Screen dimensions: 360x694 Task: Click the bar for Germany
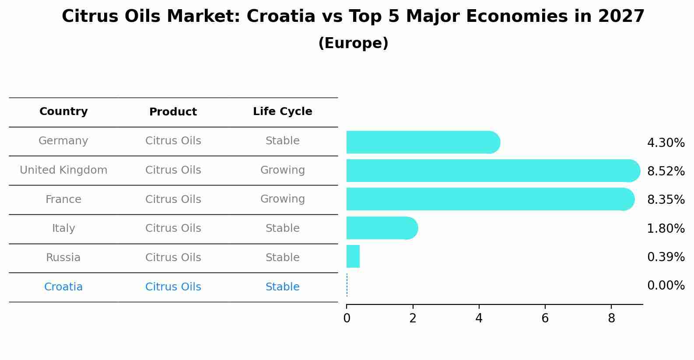coord(422,142)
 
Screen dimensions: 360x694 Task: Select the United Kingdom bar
coord(492,171)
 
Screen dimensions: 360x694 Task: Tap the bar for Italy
coord(382,228)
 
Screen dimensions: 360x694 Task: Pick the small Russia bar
coord(353,256)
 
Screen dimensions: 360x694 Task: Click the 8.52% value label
coord(666,171)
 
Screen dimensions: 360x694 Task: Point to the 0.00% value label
coord(666,286)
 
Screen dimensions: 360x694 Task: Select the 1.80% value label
coord(666,228)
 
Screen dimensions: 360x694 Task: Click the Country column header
coord(63,112)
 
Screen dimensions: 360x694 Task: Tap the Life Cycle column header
coord(282,112)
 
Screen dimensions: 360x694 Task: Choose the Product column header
coord(173,112)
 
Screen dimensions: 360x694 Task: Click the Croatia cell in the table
coord(63,287)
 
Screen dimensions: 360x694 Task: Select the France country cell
coord(63,199)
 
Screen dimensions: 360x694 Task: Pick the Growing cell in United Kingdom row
coord(282,170)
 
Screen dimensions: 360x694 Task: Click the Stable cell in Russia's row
coord(282,258)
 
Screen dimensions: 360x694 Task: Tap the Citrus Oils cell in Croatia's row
coord(173,287)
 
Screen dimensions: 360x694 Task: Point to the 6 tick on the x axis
coord(545,318)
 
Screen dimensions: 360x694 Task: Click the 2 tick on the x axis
coord(413,318)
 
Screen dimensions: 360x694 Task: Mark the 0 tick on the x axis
coord(347,318)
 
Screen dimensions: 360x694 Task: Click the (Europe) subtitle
coord(353,43)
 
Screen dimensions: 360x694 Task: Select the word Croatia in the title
coord(281,17)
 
